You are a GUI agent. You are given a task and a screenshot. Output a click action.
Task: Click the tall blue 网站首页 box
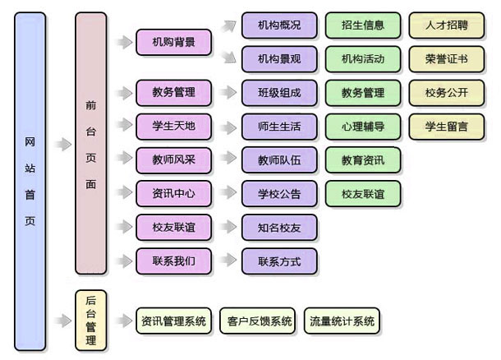(x=30, y=182)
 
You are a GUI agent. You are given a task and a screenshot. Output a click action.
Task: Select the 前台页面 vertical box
(x=90, y=144)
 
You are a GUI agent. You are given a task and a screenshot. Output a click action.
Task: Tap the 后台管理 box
(x=90, y=320)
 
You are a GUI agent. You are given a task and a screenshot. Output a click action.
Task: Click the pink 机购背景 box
(x=173, y=42)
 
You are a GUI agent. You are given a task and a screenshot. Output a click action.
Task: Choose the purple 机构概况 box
(x=278, y=25)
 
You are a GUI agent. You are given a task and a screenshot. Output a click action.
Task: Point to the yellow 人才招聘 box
(x=446, y=25)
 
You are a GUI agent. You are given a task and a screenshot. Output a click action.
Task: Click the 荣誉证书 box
(x=446, y=59)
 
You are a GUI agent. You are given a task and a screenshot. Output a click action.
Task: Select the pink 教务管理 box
(x=173, y=92)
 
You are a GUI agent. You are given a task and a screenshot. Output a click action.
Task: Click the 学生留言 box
(x=446, y=127)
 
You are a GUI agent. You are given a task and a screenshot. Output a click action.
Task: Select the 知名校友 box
(x=278, y=228)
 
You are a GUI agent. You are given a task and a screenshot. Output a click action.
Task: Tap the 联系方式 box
(x=278, y=261)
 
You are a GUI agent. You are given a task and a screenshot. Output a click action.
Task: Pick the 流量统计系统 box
(x=342, y=321)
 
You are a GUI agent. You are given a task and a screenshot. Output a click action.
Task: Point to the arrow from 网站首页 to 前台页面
(x=62, y=145)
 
